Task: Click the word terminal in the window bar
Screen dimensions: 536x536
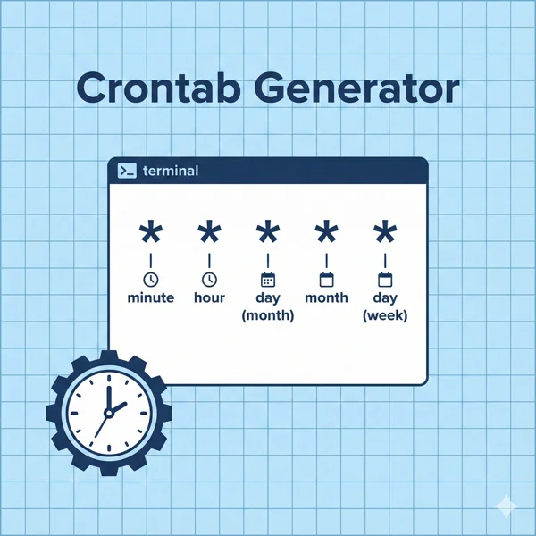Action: [x=171, y=171]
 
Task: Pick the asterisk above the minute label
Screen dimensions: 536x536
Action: [x=151, y=235]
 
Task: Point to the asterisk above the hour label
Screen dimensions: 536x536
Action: [x=209, y=235]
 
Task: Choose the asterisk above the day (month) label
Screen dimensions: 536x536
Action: [x=268, y=235]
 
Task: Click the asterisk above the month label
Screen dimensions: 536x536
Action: [x=326, y=235]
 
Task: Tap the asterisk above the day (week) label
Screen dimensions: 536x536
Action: [x=385, y=235]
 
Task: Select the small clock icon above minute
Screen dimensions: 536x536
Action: [x=151, y=279]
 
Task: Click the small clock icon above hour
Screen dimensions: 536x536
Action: [x=209, y=279]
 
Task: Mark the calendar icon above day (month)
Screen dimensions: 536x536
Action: [x=268, y=279]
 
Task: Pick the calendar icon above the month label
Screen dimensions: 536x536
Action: [x=326, y=279]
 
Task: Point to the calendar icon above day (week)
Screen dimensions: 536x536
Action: [x=385, y=279]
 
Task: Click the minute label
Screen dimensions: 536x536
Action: [x=151, y=297]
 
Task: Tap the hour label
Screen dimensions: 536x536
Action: [x=209, y=297]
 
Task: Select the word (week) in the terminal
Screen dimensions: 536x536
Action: [x=385, y=315]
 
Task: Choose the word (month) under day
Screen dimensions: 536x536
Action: [x=268, y=315]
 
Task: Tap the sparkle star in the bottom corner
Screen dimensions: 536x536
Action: [x=507, y=507]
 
